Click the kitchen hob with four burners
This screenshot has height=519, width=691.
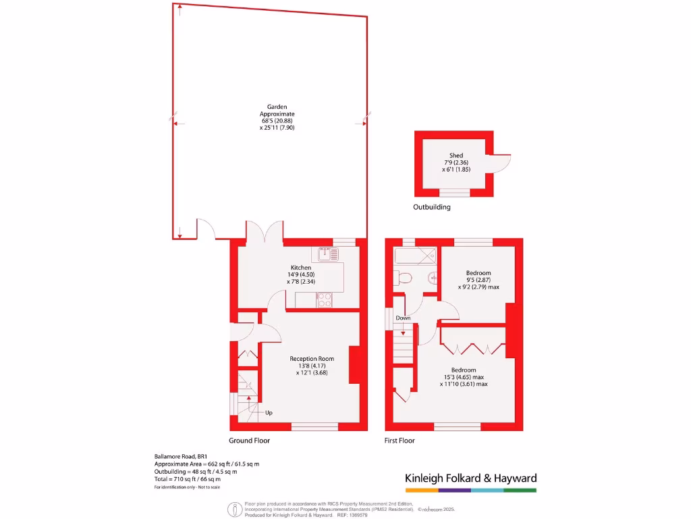[325, 300]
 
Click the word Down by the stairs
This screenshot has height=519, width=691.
[403, 318]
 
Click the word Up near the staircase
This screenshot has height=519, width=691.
[269, 412]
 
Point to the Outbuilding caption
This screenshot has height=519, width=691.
[432, 207]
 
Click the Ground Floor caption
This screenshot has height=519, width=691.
[250, 441]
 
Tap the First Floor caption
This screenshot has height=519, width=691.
[400, 441]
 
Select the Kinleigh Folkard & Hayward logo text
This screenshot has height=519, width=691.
[470, 478]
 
